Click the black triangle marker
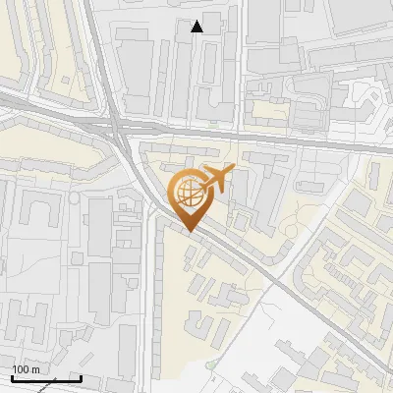point(197,27)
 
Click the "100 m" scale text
point(26,368)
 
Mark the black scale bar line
point(46,378)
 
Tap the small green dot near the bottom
point(209,365)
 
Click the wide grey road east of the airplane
point(314,142)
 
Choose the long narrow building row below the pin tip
point(160,295)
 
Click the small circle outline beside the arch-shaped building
point(74,199)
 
